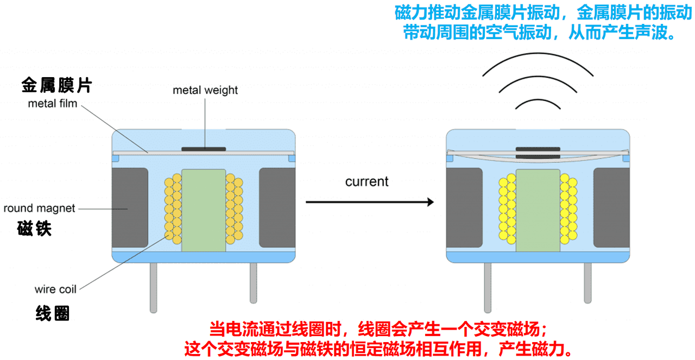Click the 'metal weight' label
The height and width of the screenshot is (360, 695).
[205, 90]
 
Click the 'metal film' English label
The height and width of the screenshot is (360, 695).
[53, 104]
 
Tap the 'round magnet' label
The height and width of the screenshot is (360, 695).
[39, 209]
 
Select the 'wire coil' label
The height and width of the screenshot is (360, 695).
[55, 289]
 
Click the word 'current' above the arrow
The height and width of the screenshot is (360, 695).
[367, 181]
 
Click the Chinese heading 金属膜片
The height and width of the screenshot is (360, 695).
[57, 85]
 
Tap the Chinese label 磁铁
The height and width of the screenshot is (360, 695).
[34, 229]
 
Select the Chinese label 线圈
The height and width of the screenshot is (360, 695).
[53, 313]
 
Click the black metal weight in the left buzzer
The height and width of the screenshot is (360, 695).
[204, 149]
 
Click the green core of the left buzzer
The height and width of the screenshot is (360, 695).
[204, 211]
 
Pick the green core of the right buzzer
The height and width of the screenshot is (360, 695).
[538, 211]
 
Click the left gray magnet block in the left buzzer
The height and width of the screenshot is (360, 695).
[130, 207]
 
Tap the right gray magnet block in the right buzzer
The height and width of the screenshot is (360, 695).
[611, 207]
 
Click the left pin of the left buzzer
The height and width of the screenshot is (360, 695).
[153, 288]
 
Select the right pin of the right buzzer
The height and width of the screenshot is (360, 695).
[587, 283]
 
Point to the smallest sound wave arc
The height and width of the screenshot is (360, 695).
[538, 100]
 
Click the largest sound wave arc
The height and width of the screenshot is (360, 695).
[538, 54]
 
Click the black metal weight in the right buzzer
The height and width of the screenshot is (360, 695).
[538, 153]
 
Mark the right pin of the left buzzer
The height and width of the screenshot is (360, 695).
[253, 283]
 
